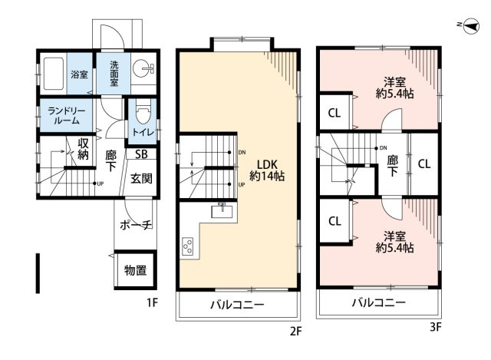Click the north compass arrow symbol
pos(470,26)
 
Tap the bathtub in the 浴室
pos(53,74)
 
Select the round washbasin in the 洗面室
pos(141,68)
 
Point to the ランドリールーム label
pos(66,116)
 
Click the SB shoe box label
pos(141,154)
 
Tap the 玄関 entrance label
pos(141,179)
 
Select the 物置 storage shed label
pos(135,270)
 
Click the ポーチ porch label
pos(136,225)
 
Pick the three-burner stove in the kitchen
pos(188,246)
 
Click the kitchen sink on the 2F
pos(222,210)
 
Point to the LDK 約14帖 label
pos(267,170)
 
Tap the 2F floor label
pos(295,331)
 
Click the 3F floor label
pos(435,328)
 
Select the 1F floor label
pos(152,303)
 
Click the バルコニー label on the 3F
pos(378,302)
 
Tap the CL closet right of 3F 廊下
pos(424,163)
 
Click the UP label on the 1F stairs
pos(100,184)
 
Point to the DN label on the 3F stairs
pos(383,148)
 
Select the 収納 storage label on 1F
pos(83,149)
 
